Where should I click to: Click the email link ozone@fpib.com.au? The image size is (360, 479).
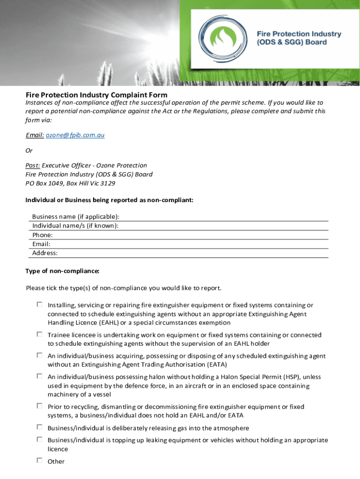tap(75, 135)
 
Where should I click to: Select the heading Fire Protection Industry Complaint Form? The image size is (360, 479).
tap(96, 95)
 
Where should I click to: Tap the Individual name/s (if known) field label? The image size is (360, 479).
tap(75, 226)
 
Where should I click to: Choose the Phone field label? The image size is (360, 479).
tap(43, 235)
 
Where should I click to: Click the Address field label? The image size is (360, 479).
tap(45, 253)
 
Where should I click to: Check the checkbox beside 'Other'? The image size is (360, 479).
tap(40, 460)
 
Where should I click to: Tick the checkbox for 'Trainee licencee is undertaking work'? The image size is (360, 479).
tap(40, 334)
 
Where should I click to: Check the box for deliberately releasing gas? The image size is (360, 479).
tap(40, 427)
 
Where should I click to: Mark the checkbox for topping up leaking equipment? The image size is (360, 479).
tap(40, 439)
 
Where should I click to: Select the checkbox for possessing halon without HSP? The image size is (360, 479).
tap(40, 376)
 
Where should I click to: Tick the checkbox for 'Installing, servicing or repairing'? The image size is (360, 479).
tap(40, 305)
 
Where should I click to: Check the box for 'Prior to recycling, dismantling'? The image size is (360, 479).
tap(40, 406)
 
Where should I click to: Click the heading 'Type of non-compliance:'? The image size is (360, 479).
tap(62, 271)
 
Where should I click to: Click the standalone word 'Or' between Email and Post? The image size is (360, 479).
tap(29, 151)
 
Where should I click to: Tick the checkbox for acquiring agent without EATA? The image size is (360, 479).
tap(40, 355)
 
